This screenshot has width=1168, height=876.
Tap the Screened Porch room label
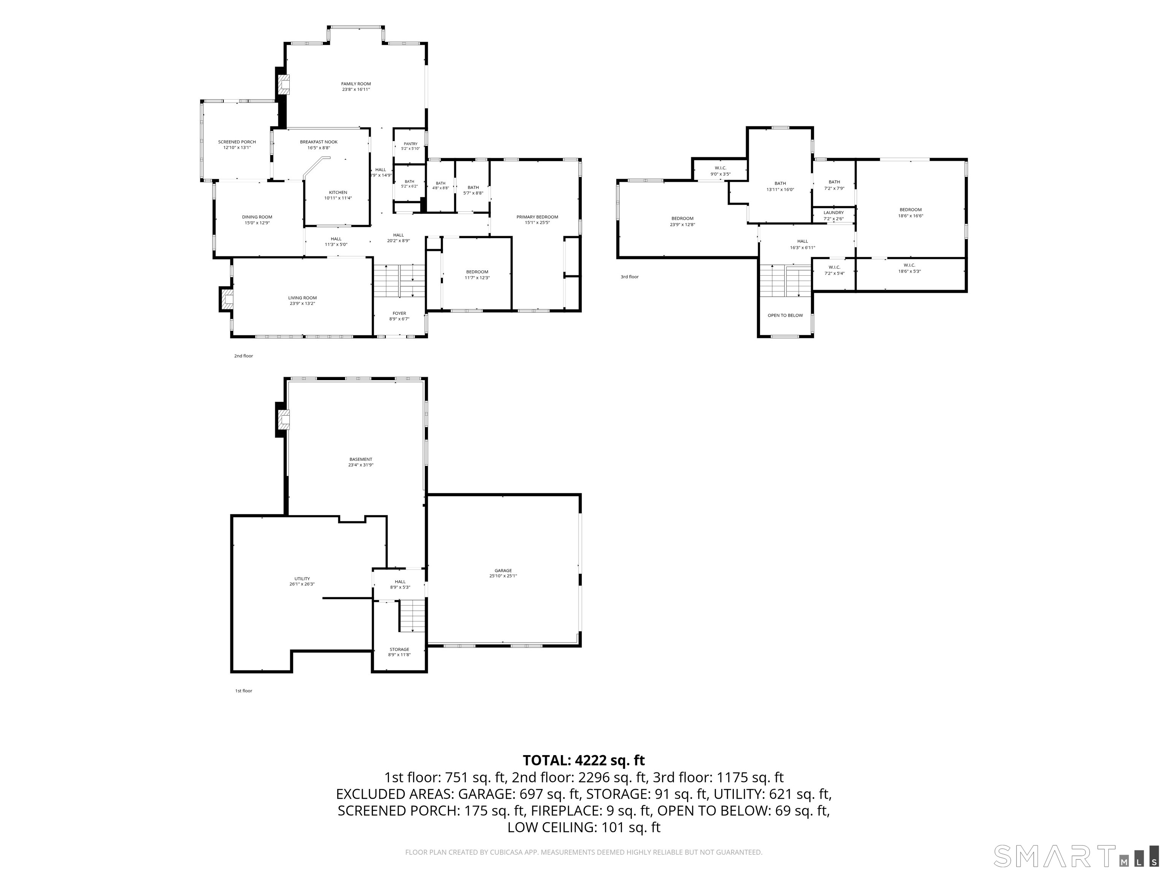tap(237, 142)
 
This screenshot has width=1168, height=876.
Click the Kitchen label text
tap(338, 193)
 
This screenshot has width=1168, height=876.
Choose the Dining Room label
tap(257, 217)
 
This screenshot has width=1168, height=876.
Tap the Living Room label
tap(303, 298)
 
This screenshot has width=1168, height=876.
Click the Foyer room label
tap(399, 314)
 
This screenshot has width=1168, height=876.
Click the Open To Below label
tap(785, 316)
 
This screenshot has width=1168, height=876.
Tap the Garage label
tap(503, 571)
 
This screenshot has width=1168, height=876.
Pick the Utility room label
tap(302, 579)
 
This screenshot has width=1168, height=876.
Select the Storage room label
tap(399, 649)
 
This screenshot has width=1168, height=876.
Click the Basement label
tap(361, 459)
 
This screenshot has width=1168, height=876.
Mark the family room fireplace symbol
tap(284, 84)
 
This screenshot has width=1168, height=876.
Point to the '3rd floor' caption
tap(629, 277)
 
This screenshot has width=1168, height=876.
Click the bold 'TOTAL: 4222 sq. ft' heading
tap(584, 760)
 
